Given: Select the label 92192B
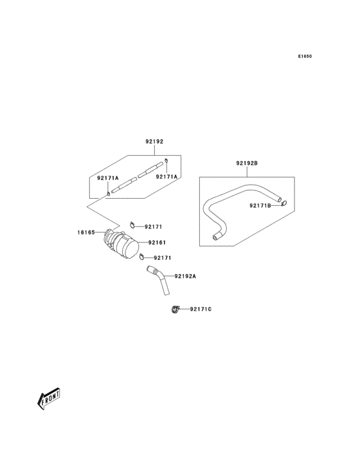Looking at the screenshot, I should click(247, 164).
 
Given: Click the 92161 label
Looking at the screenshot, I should click(157, 243).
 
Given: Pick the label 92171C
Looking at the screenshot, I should click(201, 309).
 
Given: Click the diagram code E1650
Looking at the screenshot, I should click(305, 57).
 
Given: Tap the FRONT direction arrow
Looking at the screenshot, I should click(49, 400).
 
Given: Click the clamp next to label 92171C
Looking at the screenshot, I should click(175, 311).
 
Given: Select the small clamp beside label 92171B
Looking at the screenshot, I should click(283, 205).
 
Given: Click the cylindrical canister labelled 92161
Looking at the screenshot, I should click(129, 248).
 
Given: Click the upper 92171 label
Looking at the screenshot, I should click(153, 226).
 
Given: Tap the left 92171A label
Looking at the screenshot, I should click(108, 178).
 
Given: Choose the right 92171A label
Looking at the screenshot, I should click(166, 176).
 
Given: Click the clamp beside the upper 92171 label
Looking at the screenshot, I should click(132, 225).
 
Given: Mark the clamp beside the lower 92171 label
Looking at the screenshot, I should click(141, 259).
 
